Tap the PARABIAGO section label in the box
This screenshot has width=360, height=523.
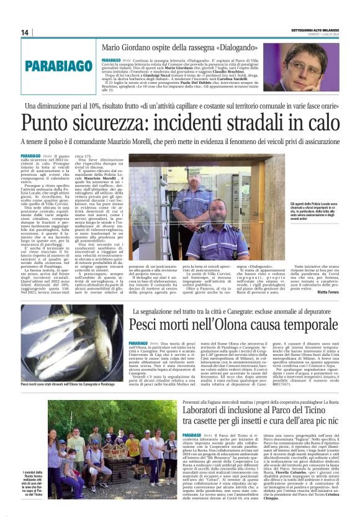(x=61, y=65)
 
